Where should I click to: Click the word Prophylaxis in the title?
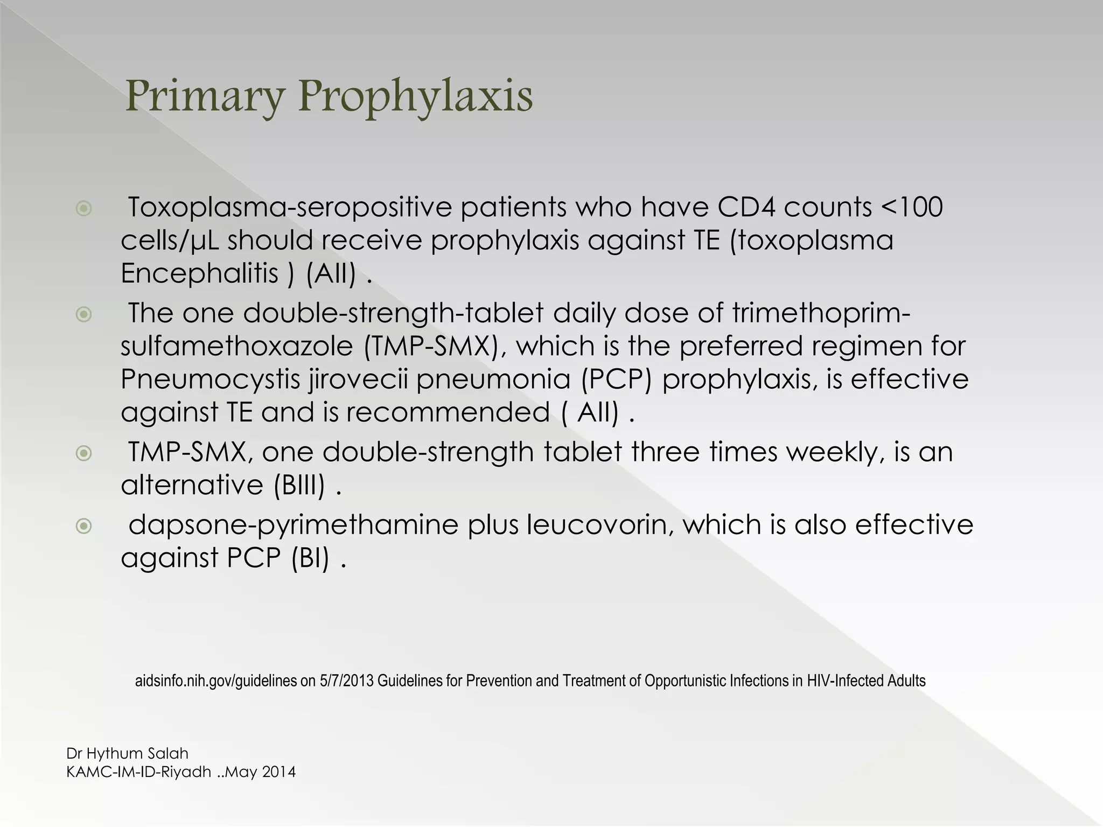click(x=415, y=97)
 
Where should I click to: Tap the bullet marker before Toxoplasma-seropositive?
click(x=83, y=208)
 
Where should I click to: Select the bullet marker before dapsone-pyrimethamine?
click(x=83, y=525)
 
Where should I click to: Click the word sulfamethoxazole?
click(x=236, y=346)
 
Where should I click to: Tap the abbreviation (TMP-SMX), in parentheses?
click(x=435, y=346)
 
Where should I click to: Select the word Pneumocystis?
click(x=210, y=380)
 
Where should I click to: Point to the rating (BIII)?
click(x=299, y=486)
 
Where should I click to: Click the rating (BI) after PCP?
click(x=310, y=558)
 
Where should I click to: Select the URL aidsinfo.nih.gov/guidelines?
click(x=215, y=681)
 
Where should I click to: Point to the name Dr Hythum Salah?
click(x=127, y=753)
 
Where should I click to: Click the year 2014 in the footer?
click(x=278, y=772)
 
